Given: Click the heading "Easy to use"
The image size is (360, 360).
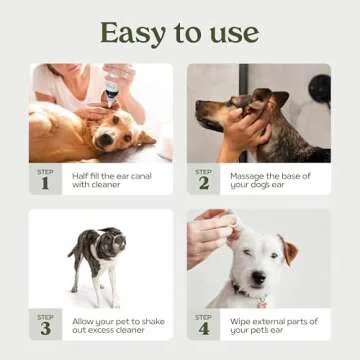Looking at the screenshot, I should pyautogui.click(x=180, y=32).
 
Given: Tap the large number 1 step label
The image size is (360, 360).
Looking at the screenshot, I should pyautogui.click(x=45, y=182).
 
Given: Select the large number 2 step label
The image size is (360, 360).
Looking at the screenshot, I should pyautogui.click(x=203, y=182).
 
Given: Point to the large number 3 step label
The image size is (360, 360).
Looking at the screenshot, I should pyautogui.click(x=45, y=327).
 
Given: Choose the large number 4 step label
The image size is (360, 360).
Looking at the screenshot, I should pyautogui.click(x=203, y=327).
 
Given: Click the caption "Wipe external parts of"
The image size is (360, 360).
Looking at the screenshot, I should pyautogui.click(x=272, y=320).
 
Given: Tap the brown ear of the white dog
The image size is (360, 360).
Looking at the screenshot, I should pyautogui.click(x=288, y=250).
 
